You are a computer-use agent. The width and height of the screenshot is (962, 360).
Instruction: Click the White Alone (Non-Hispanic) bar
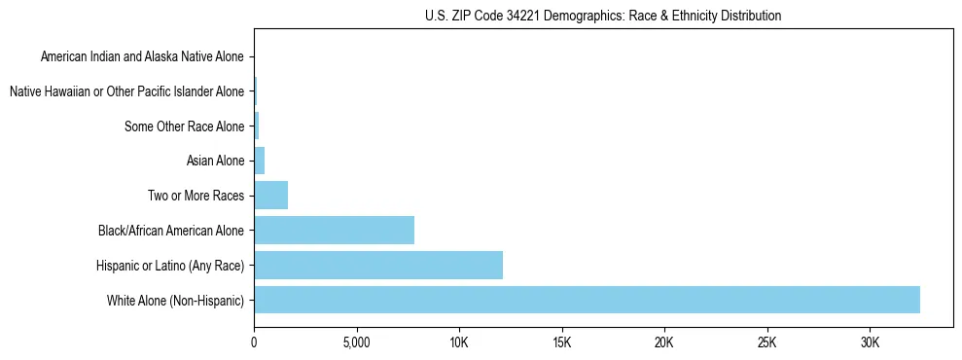click(587, 300)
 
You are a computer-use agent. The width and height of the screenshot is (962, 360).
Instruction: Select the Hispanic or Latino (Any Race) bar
click(378, 265)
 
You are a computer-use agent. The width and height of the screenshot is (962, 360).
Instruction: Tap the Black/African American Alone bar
click(334, 230)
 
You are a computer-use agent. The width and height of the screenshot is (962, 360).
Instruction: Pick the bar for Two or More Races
click(271, 196)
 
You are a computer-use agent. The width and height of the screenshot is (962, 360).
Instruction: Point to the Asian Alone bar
click(260, 161)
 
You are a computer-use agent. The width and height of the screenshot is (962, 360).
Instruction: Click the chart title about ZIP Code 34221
click(603, 16)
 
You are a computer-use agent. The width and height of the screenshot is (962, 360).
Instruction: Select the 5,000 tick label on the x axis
click(356, 342)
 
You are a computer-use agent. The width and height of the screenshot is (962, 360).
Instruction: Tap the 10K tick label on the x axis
click(459, 342)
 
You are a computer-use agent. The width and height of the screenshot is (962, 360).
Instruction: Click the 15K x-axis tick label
click(561, 342)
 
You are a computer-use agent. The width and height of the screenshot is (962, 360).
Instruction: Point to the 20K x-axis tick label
click(664, 342)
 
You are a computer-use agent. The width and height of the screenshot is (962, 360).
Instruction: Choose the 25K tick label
click(766, 342)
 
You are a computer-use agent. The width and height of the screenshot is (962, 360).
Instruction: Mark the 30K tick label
click(870, 342)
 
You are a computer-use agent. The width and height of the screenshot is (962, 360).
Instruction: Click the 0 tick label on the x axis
click(254, 342)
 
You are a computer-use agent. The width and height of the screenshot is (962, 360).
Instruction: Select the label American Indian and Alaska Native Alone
click(142, 57)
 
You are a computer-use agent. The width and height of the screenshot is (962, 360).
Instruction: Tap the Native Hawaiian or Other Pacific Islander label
click(126, 91)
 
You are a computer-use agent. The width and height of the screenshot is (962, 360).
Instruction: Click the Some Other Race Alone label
click(185, 126)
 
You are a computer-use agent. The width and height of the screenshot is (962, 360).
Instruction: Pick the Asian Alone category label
click(215, 161)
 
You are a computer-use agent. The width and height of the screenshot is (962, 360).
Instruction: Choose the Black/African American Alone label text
click(171, 231)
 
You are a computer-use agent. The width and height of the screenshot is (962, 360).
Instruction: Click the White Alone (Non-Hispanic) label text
click(176, 300)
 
